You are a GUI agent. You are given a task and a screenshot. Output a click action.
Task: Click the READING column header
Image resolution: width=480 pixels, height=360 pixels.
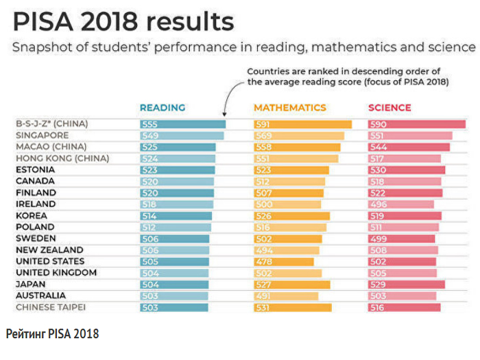click(x=163, y=108)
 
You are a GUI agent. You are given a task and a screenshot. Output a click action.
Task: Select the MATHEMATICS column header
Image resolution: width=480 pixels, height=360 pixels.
click(x=290, y=108)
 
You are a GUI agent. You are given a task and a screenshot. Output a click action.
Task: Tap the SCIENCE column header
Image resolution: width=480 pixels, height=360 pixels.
click(x=389, y=108)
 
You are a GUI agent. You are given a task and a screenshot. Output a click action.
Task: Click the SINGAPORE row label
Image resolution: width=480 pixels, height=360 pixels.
click(x=43, y=135)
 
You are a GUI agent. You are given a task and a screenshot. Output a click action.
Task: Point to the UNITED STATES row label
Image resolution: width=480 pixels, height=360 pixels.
click(x=50, y=261)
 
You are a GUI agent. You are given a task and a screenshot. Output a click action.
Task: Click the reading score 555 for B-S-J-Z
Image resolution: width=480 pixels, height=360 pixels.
click(x=149, y=124)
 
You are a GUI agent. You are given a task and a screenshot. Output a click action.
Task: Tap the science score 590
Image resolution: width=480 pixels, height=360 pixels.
click(x=378, y=124)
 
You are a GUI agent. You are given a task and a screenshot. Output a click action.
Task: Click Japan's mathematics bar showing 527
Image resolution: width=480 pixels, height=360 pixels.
click(x=292, y=285)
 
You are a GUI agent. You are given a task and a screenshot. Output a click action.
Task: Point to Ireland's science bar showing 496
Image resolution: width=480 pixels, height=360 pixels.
click(x=401, y=204)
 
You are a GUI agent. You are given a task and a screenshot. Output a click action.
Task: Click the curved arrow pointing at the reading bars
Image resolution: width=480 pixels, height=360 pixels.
click(x=230, y=96)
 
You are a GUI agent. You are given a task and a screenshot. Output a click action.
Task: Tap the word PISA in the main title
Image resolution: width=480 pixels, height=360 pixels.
click(x=50, y=23)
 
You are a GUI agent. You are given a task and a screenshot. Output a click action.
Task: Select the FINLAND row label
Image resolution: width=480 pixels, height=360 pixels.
click(x=36, y=193)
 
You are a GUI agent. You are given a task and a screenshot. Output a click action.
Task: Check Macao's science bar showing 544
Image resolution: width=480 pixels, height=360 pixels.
click(x=409, y=147)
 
